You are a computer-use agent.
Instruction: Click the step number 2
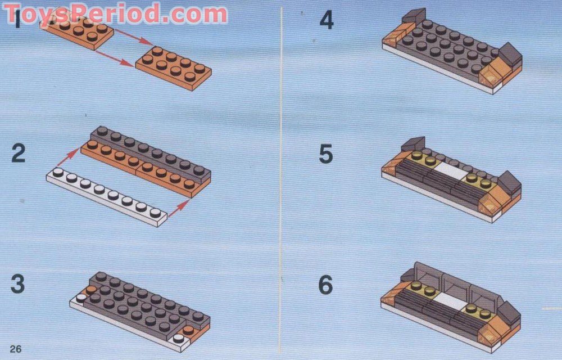[19, 153]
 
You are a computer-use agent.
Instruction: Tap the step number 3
[18, 283]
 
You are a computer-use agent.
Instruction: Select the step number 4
[327, 20]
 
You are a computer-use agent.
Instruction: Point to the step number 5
[326, 154]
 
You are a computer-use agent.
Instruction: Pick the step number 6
[326, 285]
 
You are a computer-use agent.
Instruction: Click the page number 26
[16, 349]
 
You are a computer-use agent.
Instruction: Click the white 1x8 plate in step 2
[107, 196]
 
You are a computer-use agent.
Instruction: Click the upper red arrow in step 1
[135, 37]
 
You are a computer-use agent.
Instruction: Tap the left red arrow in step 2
[68, 157]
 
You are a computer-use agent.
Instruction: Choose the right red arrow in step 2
[179, 209]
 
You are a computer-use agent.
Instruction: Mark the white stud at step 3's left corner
[81, 298]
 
